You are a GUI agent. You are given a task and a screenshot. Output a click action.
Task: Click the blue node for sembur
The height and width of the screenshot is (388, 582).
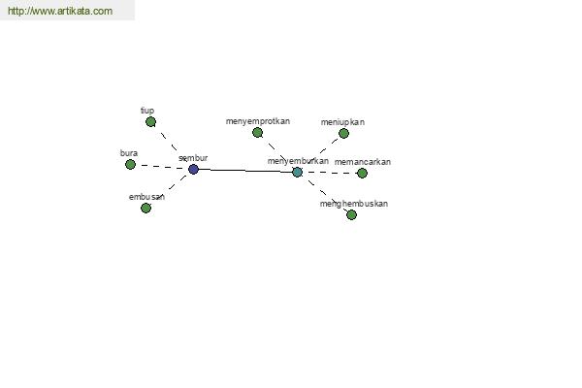coord(193,170)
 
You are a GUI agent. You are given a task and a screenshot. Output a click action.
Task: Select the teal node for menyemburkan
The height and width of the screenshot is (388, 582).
coord(297,172)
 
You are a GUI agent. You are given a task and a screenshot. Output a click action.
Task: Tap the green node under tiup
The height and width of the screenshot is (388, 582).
coord(150,122)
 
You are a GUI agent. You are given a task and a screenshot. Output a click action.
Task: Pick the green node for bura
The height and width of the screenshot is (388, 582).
coord(130,164)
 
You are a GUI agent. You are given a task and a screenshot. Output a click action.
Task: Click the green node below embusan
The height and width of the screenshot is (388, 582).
coord(145,208)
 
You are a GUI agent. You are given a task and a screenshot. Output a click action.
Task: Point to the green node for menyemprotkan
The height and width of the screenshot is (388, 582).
coord(257,133)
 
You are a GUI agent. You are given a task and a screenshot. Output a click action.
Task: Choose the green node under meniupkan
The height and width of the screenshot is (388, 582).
coord(343,133)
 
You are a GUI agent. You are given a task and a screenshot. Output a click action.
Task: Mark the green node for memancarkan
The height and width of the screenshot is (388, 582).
coord(362,173)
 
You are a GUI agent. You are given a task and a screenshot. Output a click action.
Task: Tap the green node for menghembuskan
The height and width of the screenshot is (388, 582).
coord(351,214)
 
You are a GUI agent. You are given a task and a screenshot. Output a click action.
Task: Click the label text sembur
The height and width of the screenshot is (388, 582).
coord(193,158)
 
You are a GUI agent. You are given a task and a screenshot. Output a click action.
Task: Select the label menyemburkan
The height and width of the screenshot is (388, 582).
coord(298,161)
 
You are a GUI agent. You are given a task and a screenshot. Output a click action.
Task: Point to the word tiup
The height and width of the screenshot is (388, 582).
coord(147,111)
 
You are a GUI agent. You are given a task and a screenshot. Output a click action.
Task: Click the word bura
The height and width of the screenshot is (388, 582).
coord(129,153)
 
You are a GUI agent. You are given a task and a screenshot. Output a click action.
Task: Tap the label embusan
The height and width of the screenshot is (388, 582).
coord(146,197)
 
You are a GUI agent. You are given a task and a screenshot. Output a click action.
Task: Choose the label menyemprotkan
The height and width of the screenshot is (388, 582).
coord(258,121)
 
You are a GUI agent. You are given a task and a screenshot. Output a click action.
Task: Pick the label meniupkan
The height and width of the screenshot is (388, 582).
coord(342,122)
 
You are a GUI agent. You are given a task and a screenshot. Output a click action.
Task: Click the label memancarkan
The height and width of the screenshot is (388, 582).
coord(362,162)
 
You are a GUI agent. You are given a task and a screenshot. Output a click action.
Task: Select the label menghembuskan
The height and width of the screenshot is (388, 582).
coord(354,204)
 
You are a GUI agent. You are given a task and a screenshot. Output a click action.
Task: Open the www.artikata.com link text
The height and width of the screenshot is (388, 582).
coord(60,11)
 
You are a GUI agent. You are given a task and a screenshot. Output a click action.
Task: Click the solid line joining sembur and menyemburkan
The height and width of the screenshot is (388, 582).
coord(245,171)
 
